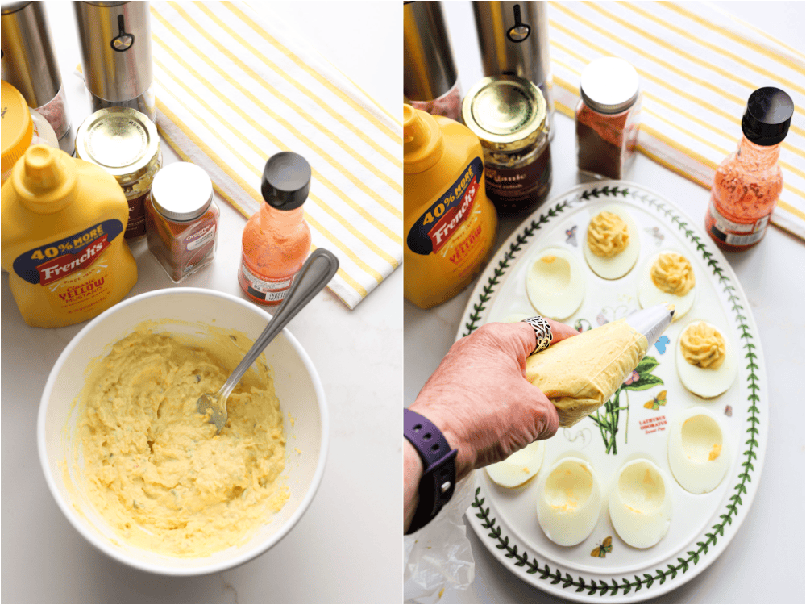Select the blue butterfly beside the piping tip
click(663, 344)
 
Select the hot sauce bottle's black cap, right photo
click(767, 115)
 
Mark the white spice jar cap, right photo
click(609, 83)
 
